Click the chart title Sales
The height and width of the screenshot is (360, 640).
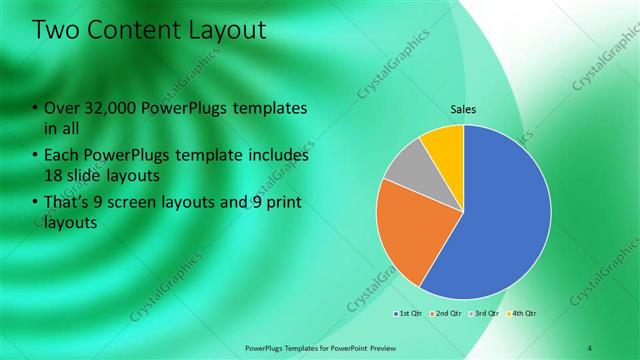[463, 109]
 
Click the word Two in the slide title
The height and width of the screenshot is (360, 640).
[58, 31]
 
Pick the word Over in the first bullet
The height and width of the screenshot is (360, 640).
[62, 108]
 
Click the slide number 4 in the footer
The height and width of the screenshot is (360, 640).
[589, 348]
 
